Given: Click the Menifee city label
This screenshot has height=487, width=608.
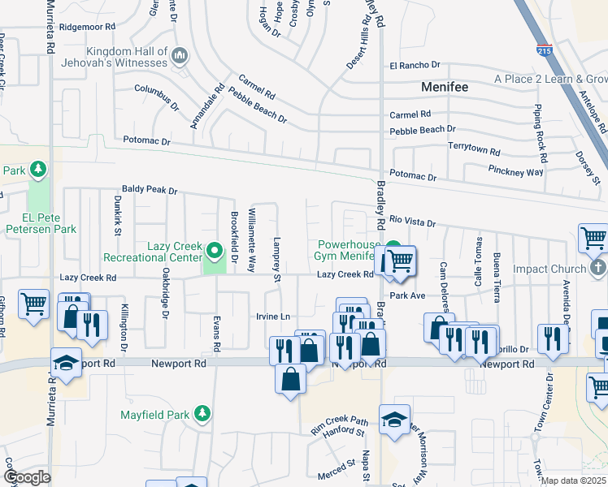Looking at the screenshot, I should click(x=446, y=86).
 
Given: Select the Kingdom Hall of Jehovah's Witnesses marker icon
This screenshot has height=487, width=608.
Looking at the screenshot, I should click(x=180, y=56).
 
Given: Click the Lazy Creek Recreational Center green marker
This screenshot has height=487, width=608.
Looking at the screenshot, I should click(x=215, y=249).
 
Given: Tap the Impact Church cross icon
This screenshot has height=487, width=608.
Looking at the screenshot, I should click(x=597, y=268).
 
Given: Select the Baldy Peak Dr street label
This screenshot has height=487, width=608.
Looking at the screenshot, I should click(x=150, y=190).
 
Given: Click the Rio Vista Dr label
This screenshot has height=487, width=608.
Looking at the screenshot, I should click(x=412, y=222).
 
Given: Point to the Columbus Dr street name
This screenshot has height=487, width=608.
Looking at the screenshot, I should click(x=157, y=97).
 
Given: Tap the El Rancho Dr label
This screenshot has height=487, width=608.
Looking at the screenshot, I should click(x=415, y=65).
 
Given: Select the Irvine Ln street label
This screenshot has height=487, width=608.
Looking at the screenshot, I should click(x=273, y=316).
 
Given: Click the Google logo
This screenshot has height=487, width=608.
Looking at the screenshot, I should click(x=27, y=477).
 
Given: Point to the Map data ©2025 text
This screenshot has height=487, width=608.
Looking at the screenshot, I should click(x=574, y=481).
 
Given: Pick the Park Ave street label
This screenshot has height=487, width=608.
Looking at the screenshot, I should click(x=407, y=295).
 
